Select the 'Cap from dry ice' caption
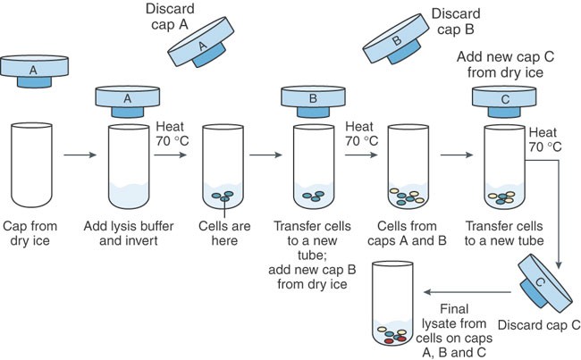coord(34,231)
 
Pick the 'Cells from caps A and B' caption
coord(410,231)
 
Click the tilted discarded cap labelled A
coord(205,41)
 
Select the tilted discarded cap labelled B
coord(397,44)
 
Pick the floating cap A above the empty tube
coord(33,70)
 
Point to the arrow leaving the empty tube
coord(79,155)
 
